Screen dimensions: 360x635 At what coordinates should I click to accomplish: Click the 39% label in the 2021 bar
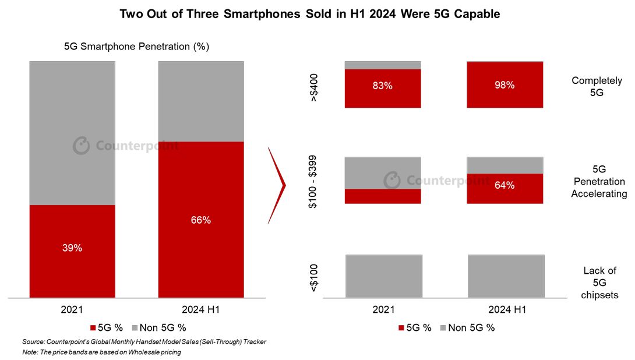point(72,248)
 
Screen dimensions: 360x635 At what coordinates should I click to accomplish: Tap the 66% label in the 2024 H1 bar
point(201,220)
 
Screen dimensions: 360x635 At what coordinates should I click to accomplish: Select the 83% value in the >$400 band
point(383,86)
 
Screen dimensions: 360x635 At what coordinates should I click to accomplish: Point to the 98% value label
point(505,85)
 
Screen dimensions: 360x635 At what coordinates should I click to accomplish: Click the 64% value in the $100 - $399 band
point(505,185)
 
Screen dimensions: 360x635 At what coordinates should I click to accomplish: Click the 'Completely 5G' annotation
point(597,86)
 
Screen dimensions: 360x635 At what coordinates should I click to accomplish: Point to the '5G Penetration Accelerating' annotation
point(599,181)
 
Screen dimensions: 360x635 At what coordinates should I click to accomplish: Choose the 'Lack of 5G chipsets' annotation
point(599,283)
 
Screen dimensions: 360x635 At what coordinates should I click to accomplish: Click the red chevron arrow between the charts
point(277,185)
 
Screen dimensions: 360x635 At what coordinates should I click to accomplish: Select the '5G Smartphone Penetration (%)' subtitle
point(136,46)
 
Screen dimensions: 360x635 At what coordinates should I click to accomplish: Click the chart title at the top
point(309,14)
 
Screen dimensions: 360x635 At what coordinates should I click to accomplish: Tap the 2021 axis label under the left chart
point(72,309)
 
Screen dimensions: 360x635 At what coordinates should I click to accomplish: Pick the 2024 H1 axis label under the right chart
point(507,309)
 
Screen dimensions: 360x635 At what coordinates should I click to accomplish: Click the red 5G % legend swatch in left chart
point(93,327)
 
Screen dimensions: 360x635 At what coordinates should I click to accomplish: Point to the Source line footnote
point(144,342)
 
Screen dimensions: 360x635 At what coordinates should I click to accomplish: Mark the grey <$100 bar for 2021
point(383,275)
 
